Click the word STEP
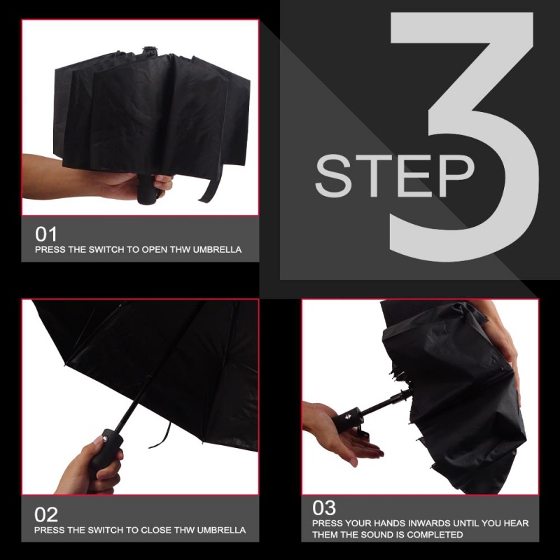394,176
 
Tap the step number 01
46,234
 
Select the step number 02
46,514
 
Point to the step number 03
324,507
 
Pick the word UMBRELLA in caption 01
217,249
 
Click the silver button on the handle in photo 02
106,439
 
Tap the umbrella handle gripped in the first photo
147,189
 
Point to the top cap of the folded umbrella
150,50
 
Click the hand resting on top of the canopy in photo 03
503,343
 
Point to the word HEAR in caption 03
516,523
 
